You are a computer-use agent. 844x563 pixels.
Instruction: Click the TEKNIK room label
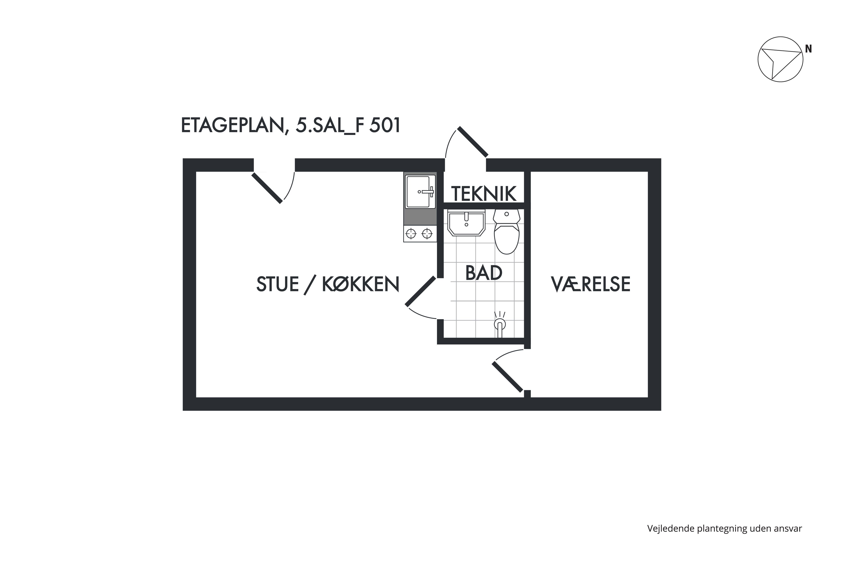(x=484, y=194)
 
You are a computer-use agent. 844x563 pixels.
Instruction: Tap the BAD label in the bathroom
(x=484, y=273)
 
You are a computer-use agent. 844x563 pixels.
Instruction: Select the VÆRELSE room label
(x=590, y=284)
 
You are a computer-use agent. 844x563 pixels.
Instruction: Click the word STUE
(x=278, y=284)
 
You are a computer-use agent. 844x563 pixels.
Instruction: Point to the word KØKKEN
(x=360, y=284)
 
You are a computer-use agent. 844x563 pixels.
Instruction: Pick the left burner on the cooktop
(x=411, y=234)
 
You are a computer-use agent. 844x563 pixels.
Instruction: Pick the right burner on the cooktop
(x=427, y=234)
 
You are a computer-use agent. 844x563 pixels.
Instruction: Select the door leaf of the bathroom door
(x=420, y=291)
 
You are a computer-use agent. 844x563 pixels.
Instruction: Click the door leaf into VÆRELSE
(x=507, y=377)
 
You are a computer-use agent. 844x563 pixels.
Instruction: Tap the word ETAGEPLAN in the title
(x=232, y=126)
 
